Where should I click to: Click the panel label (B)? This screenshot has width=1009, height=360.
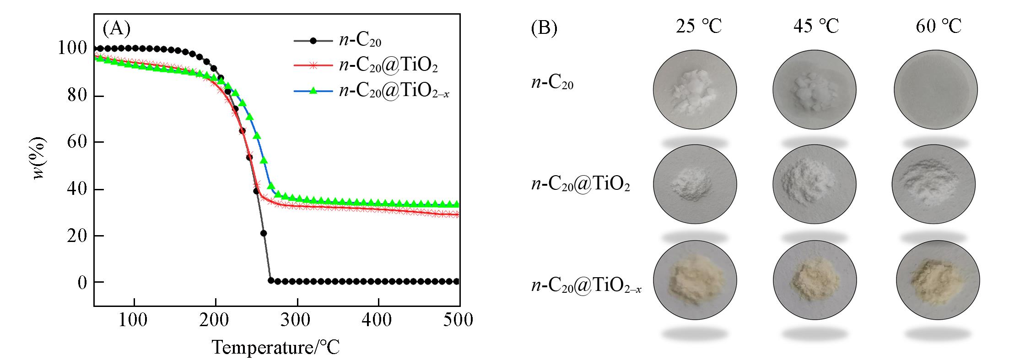[544, 28]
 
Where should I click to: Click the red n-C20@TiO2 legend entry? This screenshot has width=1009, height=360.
[388, 66]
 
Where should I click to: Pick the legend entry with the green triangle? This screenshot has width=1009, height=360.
[394, 91]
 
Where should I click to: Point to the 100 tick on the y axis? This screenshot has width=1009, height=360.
[72, 48]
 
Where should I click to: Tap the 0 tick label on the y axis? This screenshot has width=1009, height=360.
[82, 283]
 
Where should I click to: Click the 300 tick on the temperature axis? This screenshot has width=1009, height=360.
[296, 320]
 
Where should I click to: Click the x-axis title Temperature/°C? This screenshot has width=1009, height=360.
[275, 347]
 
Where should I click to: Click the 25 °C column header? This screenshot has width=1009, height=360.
[698, 26]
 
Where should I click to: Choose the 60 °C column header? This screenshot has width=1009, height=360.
[938, 26]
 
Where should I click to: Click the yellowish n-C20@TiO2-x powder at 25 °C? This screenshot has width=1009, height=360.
[695, 280]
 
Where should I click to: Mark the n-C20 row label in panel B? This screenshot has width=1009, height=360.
[552, 84]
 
